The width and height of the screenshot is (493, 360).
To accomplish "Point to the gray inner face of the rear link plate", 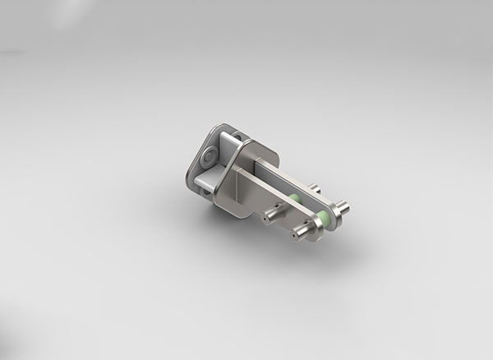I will point(279,178).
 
